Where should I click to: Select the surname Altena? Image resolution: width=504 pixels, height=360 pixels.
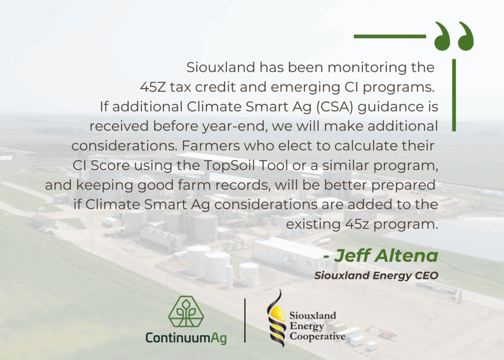[407, 256]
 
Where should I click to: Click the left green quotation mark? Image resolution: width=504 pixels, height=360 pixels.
[442, 36]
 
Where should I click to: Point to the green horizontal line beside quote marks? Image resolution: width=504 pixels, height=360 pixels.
[390, 36]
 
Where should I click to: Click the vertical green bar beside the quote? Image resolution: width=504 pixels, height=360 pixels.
[454, 95]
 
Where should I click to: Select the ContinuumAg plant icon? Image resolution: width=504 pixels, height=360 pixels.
[186, 312]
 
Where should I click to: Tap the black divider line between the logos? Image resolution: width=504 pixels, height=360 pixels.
[245, 321]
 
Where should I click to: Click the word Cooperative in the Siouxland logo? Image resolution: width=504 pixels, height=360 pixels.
[317, 336]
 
